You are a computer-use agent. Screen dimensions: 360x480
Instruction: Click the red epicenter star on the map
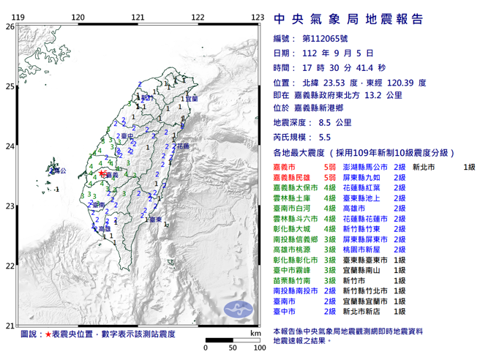(x=101, y=173)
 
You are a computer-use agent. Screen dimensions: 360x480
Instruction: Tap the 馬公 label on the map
(x=61, y=171)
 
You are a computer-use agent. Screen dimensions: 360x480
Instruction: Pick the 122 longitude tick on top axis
(x=198, y=17)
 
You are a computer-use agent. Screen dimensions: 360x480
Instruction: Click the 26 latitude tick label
(x=9, y=26)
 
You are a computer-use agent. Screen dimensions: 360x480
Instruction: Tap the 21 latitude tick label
(x=9, y=326)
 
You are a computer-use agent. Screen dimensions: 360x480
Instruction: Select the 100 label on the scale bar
(x=258, y=348)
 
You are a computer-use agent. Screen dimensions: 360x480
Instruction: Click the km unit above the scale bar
(x=254, y=333)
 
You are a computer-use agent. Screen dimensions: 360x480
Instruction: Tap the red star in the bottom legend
(x=48, y=334)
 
